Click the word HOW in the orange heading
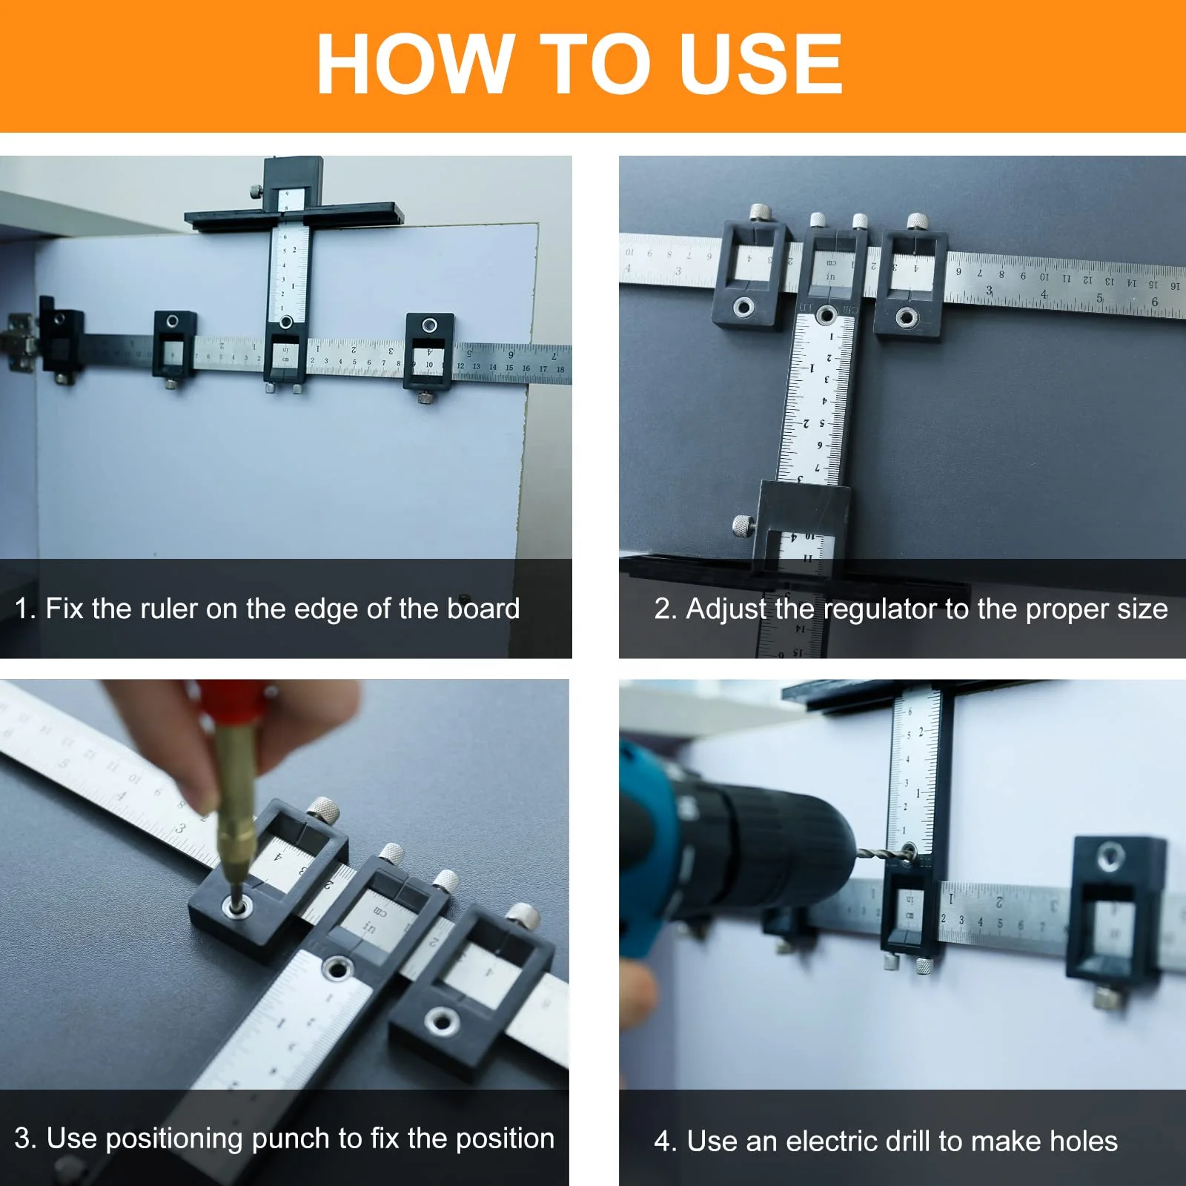point(415,64)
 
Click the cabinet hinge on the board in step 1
point(20,342)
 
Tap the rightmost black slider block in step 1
point(429,352)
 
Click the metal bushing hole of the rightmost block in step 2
point(906,318)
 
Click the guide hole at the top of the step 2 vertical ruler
point(825,317)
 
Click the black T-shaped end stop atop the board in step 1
point(294,211)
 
